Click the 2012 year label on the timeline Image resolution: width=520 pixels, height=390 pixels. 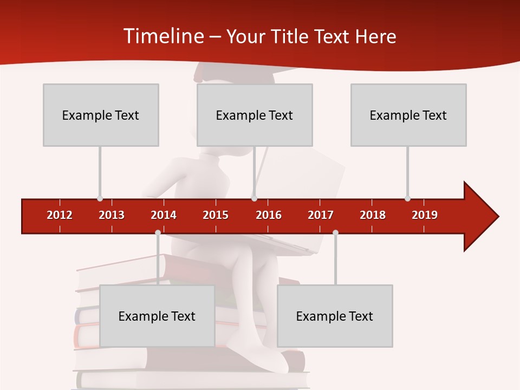click(x=60, y=215)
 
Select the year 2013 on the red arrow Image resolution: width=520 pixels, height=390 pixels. click(x=112, y=215)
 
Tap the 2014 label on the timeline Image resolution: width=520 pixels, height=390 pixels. click(x=164, y=215)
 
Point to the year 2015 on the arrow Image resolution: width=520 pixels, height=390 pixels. click(x=216, y=215)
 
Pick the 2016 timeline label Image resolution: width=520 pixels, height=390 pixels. click(x=269, y=215)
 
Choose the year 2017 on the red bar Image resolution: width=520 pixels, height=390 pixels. click(x=321, y=215)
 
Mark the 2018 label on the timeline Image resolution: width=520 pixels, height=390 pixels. click(x=373, y=215)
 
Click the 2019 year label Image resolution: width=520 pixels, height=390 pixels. click(x=425, y=215)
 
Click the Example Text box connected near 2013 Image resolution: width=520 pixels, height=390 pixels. click(x=101, y=115)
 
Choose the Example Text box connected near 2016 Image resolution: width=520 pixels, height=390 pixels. click(x=255, y=115)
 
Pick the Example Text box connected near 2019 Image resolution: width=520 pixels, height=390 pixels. click(x=408, y=115)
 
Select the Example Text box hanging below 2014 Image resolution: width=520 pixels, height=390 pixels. click(x=157, y=316)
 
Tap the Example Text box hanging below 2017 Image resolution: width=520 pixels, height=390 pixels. click(x=335, y=316)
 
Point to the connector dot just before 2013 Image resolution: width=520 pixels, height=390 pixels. click(x=100, y=198)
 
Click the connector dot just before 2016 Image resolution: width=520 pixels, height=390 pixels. click(x=254, y=198)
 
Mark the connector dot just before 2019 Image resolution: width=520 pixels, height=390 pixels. click(x=407, y=198)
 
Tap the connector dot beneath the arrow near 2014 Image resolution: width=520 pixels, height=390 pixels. click(x=158, y=232)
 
